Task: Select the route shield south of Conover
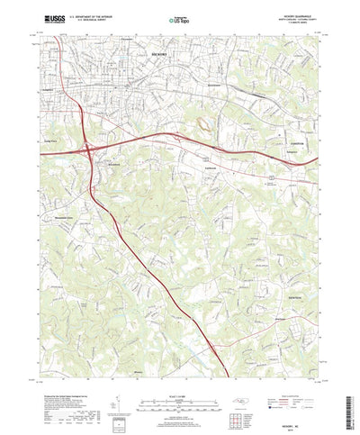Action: (269, 178)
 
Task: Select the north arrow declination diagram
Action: (115, 387)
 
